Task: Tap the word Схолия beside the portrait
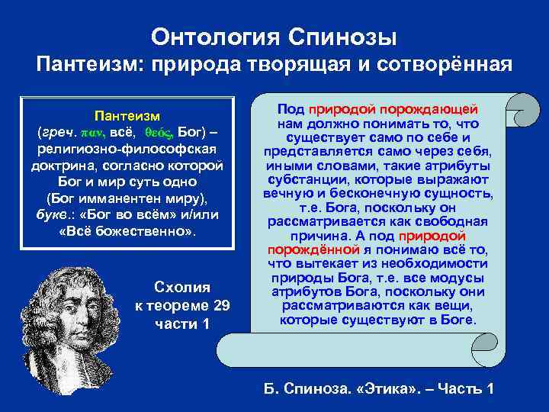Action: (182, 288)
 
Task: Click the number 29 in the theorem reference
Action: (217, 304)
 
